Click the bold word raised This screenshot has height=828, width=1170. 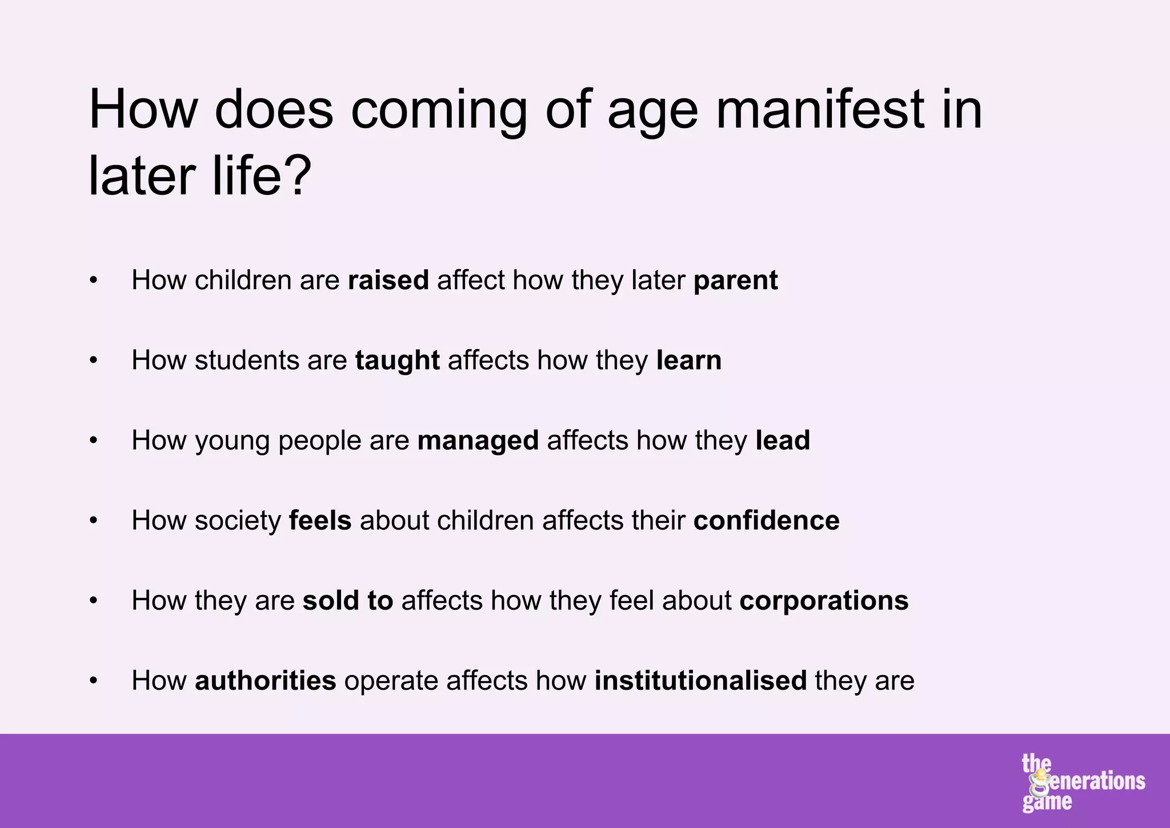tap(388, 281)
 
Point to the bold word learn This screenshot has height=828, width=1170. tap(688, 361)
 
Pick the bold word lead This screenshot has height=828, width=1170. tap(782, 441)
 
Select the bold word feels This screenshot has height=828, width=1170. tap(320, 521)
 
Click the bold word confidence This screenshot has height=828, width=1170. tap(766, 521)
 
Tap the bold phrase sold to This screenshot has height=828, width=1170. tap(348, 601)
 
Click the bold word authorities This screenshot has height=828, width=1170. tap(266, 681)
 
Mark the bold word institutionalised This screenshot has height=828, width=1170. tap(700, 681)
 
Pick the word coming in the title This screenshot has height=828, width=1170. tap(439, 111)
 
